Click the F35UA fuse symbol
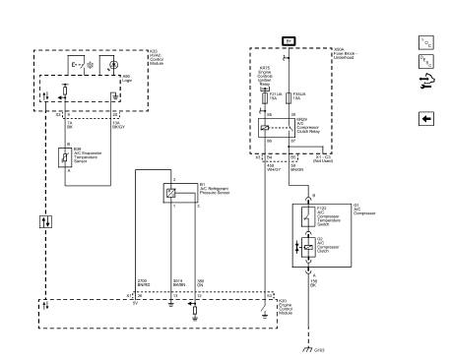pyautogui.click(x=287, y=99)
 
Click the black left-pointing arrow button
pyautogui.click(x=425, y=117)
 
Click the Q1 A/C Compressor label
pyautogui.click(x=334, y=209)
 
